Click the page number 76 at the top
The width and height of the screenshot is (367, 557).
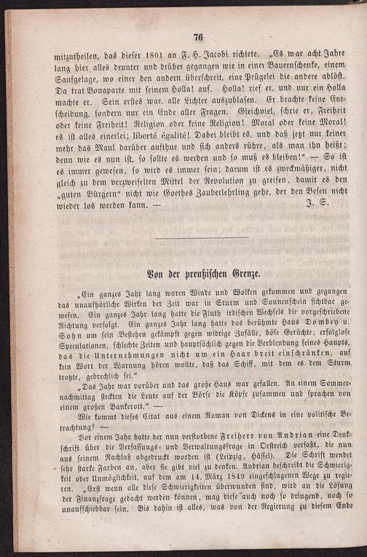point(197,38)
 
